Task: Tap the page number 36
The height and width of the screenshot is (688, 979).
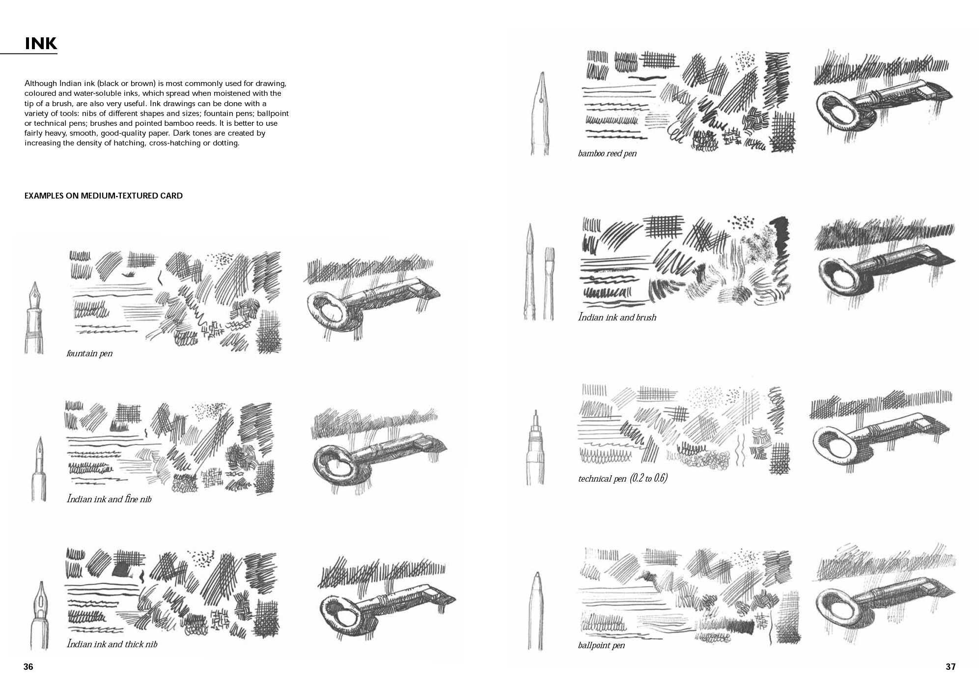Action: coord(28,667)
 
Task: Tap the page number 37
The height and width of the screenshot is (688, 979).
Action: coord(951,667)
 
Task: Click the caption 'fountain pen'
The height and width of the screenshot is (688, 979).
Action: coord(89,353)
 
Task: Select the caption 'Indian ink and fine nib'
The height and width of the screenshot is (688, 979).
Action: coord(109,499)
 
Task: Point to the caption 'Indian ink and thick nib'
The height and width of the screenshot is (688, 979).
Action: coord(112,644)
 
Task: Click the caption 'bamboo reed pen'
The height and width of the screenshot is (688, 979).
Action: coord(607,153)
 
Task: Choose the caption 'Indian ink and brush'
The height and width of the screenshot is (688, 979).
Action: coord(617,317)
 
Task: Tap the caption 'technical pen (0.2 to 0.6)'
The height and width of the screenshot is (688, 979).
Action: coord(623,478)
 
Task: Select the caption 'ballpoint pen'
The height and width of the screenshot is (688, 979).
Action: coord(601,645)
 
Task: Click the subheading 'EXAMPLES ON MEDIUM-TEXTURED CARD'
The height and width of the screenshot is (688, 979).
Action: coord(104,196)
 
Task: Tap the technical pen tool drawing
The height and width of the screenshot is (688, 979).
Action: coord(535,448)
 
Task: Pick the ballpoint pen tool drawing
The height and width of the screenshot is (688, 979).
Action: coord(536,612)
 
